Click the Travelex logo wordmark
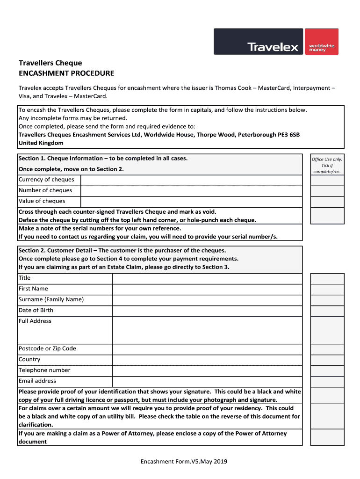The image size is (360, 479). tap(273, 47)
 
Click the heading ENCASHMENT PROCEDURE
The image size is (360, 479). tap(66, 73)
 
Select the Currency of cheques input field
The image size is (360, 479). tap(191, 180)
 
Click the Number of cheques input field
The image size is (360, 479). tap(191, 191)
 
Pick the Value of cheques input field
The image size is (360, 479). tap(191, 202)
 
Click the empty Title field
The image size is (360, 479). tap(207, 278)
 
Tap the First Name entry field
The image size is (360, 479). tap(207, 289)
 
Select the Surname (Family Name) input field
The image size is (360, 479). tap(207, 300)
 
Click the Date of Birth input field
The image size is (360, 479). tap(207, 311)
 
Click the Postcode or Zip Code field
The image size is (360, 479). tap(207, 349)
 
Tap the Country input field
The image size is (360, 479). tap(207, 360)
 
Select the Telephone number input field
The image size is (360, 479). tap(207, 370)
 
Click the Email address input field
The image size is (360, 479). tap(207, 381)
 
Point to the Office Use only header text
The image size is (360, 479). tap(327, 160)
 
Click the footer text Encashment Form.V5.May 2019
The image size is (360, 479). tap(184, 462)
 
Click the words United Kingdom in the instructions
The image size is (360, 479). tap(41, 143)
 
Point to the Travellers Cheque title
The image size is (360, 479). tap(50, 63)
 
